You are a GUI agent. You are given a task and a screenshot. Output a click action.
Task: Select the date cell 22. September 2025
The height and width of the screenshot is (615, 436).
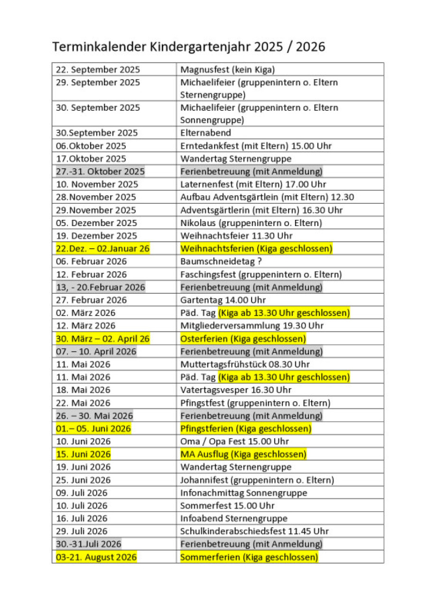click(x=98, y=70)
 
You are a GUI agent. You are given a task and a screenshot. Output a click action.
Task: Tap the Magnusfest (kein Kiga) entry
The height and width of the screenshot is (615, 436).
click(x=227, y=70)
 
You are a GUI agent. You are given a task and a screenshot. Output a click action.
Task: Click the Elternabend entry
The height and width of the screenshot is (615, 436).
click(x=205, y=133)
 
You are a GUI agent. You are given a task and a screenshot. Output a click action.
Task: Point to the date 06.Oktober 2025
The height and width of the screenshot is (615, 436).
click(x=91, y=146)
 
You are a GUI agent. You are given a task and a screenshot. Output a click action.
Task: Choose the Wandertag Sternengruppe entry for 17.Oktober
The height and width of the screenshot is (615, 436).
click(x=235, y=159)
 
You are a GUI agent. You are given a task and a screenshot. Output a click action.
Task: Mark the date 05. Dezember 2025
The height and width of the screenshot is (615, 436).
click(x=96, y=223)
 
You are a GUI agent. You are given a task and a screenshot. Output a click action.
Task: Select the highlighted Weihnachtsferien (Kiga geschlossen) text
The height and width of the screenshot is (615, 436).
click(x=256, y=248)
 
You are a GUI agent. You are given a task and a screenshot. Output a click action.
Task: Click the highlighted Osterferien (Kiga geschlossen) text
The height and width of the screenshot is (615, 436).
click(x=243, y=339)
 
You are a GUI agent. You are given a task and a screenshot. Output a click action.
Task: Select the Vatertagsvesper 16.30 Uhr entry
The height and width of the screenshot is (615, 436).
click(x=236, y=390)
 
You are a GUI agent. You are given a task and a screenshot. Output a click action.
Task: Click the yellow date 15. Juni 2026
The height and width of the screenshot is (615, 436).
click(x=83, y=454)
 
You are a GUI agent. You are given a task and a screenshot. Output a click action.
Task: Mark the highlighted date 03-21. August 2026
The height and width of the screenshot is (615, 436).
click(x=96, y=557)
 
